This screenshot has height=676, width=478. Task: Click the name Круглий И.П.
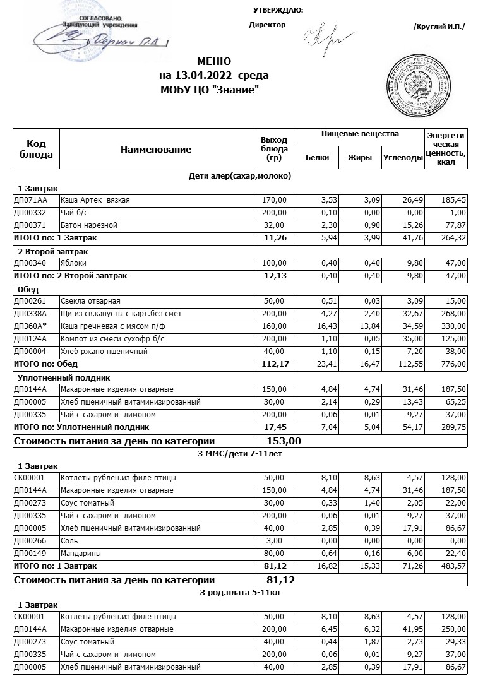pos(439,26)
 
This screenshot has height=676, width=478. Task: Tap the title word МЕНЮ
pos(214,62)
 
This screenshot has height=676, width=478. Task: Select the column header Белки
pos(317,158)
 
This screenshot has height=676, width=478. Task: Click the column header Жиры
pos(360,158)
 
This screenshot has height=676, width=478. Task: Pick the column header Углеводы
pos(403,158)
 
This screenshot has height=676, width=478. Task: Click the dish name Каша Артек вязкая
pos(95,200)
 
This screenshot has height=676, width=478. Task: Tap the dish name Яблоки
pos(73,263)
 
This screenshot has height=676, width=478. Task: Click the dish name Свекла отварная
pos(90,301)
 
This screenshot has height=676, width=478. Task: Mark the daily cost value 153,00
pos(284,441)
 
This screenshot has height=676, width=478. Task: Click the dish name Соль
pos(69,541)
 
